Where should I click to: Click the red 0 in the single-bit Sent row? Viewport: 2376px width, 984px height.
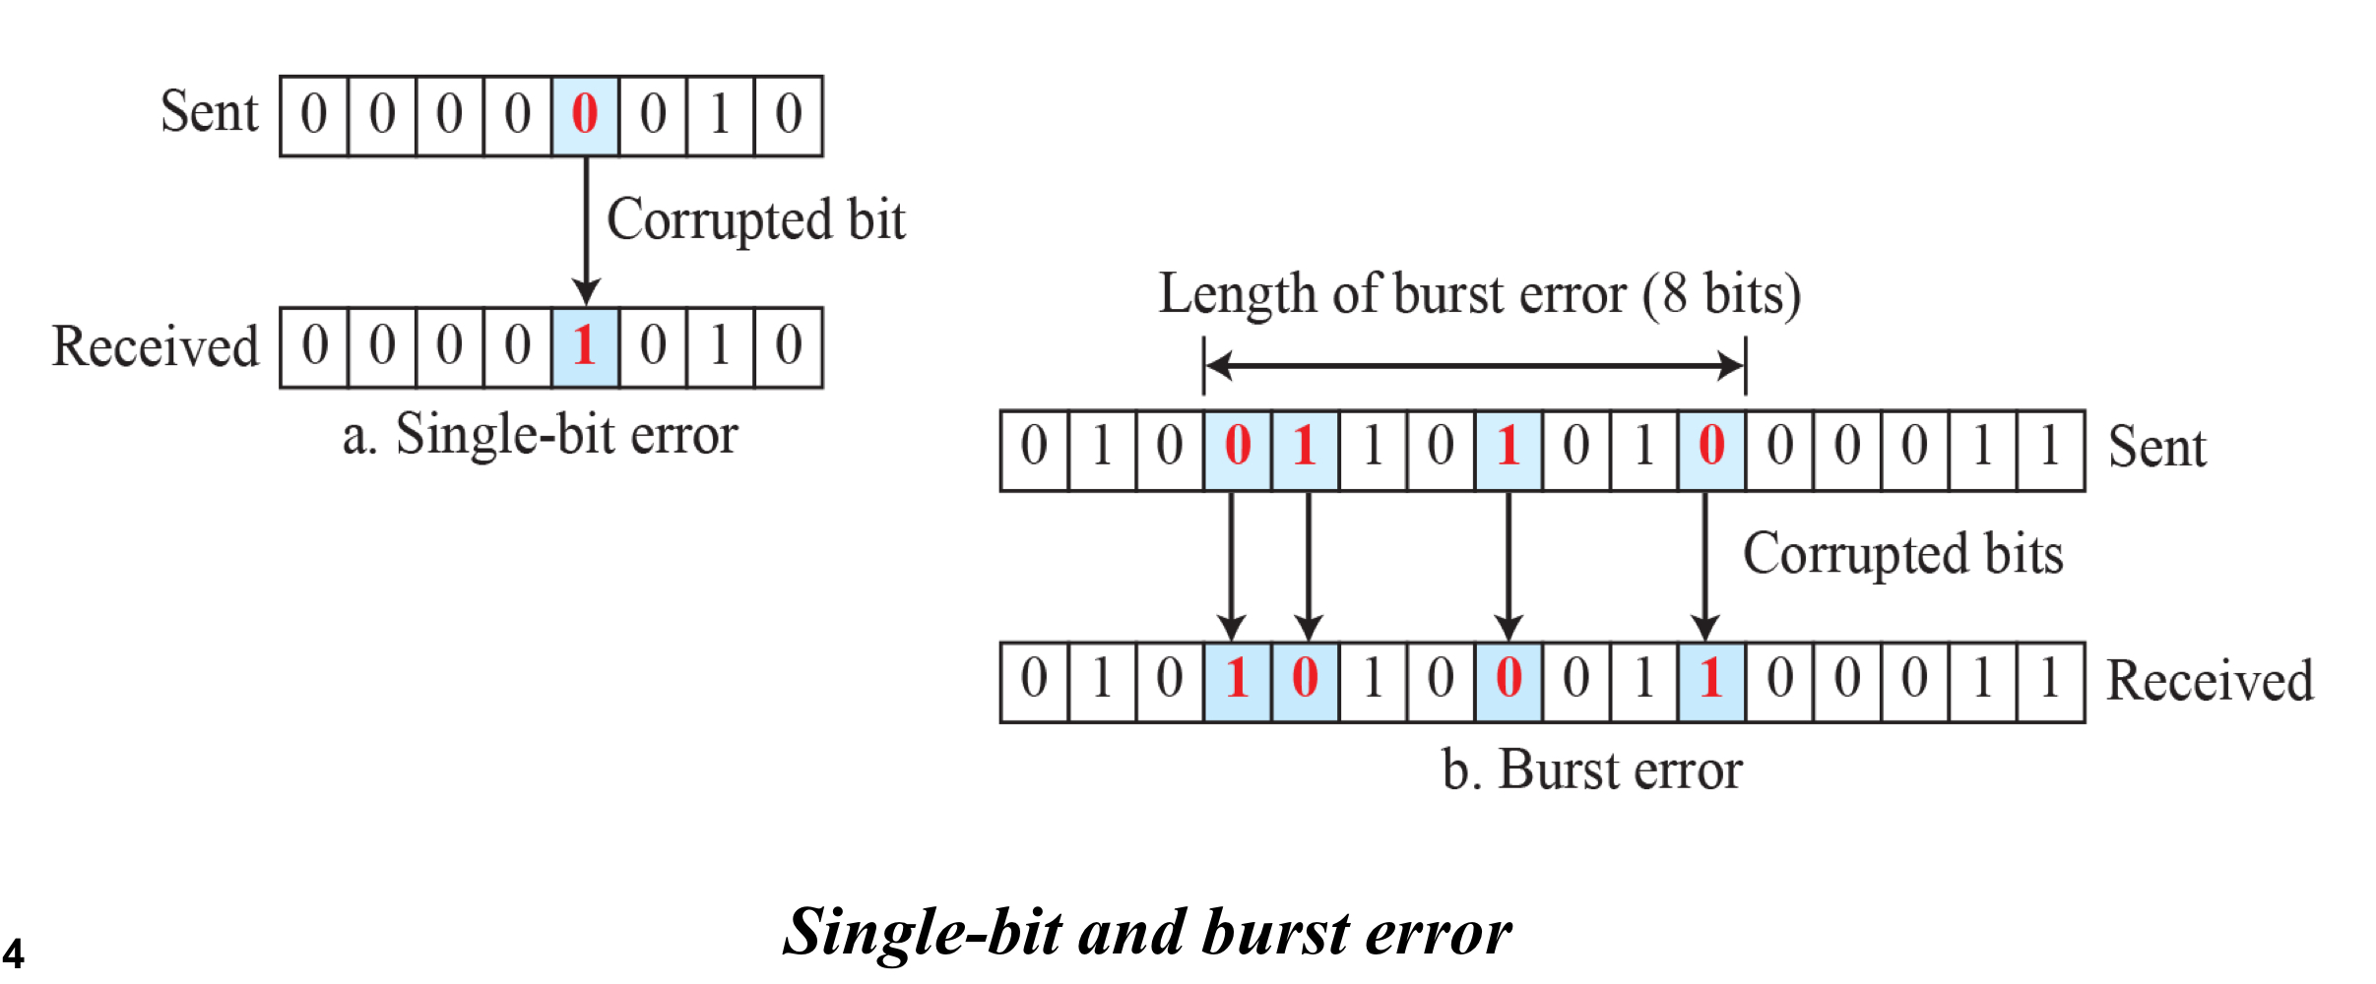point(585,114)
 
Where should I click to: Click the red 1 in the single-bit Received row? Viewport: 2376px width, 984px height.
point(585,346)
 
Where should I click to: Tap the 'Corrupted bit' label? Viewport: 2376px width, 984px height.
point(755,219)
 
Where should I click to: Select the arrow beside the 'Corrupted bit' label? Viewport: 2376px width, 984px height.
point(587,231)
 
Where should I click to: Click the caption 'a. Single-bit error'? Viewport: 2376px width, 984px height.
point(540,435)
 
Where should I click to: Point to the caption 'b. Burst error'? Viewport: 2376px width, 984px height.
point(1591,769)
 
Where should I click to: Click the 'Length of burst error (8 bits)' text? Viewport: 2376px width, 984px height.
point(1479,294)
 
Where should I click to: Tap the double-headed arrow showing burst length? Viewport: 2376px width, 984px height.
point(1474,366)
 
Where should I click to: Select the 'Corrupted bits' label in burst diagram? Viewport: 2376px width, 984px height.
point(1902,554)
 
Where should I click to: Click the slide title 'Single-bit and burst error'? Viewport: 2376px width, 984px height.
point(1146,932)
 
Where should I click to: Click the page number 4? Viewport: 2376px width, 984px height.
point(14,953)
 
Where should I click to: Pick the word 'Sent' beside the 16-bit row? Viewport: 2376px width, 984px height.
point(2156,448)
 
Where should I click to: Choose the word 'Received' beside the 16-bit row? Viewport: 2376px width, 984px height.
point(2210,681)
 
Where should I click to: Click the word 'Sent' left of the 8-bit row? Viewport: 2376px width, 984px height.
point(209,112)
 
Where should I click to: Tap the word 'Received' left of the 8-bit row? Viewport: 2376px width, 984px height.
point(156,346)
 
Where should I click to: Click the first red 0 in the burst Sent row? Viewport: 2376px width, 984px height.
point(1238,446)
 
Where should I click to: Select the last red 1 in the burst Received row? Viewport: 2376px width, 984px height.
point(1711,678)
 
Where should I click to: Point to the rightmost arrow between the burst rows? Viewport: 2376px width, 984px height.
point(1705,566)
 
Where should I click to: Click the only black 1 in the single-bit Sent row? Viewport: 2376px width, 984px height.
point(720,114)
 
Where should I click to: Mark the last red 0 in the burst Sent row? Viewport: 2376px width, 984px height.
point(1711,446)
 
